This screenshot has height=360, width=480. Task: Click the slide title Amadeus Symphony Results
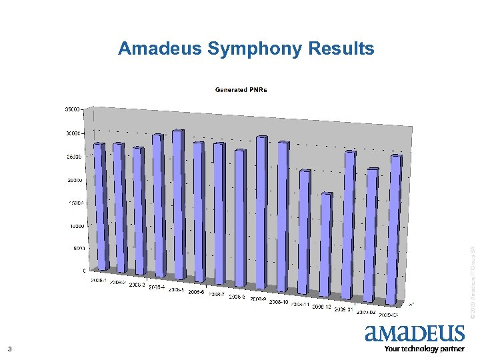pos(246,49)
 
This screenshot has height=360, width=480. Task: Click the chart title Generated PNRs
pos(241,90)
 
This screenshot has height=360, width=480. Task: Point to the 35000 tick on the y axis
pos(71,108)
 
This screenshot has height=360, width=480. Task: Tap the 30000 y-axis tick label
pos(71,133)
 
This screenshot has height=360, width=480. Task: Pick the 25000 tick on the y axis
pos(73,157)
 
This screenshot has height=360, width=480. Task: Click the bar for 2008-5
pos(178,203)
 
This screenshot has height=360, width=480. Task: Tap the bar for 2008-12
pos(325,243)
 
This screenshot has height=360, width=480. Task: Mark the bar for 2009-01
pos(348,223)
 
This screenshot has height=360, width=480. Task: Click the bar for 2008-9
pos(261,210)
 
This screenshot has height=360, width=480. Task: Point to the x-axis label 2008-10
pos(279,302)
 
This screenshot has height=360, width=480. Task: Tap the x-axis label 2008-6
pos(196,292)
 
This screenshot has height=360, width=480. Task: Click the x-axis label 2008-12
pos(321,307)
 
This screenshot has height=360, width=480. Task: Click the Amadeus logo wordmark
pos(414,334)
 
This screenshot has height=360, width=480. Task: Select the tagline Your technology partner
pos(424,349)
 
